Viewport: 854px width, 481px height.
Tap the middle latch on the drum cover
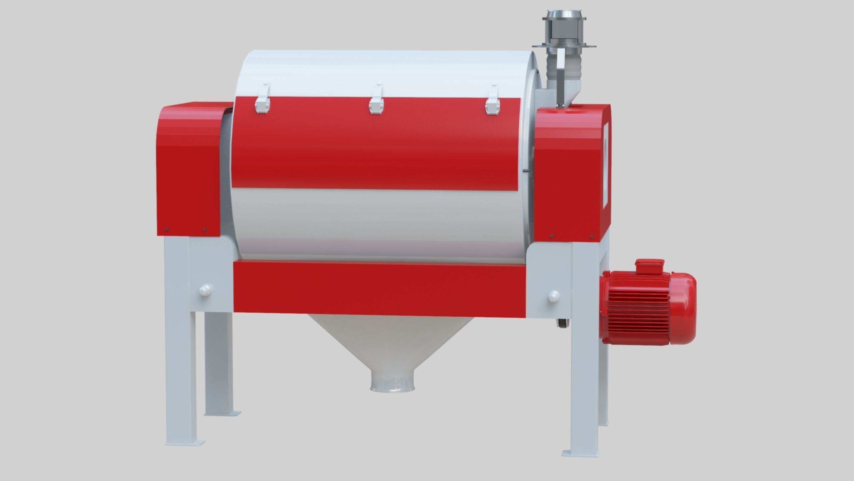pos(376,100)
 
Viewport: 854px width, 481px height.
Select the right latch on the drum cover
pos(492,100)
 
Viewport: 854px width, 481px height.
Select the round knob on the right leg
pos(553,296)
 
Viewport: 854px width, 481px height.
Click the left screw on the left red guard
pos(167,229)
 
